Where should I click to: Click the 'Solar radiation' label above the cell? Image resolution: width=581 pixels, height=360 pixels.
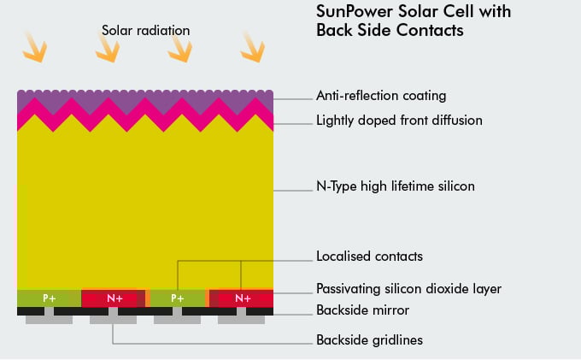click(x=145, y=31)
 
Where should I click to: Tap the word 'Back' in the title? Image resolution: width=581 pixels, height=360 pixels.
click(x=336, y=30)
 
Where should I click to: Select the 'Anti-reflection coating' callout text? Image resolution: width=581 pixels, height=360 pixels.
click(x=381, y=96)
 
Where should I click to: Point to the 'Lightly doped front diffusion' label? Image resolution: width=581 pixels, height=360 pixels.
click(x=399, y=120)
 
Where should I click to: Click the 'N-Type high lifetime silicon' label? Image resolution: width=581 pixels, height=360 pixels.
click(x=395, y=186)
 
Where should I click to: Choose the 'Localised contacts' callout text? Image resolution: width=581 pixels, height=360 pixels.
click(x=369, y=256)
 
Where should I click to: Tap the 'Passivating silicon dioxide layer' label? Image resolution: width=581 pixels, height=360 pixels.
click(x=408, y=288)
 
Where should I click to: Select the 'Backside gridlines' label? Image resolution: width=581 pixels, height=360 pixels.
click(x=369, y=339)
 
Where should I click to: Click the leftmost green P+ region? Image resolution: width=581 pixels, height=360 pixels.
click(x=49, y=298)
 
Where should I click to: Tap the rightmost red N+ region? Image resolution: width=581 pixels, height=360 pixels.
click(x=243, y=298)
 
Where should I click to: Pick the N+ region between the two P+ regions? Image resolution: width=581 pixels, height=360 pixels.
click(x=114, y=298)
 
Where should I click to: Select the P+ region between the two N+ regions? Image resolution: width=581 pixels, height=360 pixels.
click(x=178, y=298)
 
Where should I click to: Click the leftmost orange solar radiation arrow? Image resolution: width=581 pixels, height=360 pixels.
click(x=32, y=47)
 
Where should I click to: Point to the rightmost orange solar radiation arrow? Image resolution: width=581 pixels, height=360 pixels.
click(x=251, y=46)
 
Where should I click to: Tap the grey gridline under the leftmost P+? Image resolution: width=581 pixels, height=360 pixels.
click(x=49, y=319)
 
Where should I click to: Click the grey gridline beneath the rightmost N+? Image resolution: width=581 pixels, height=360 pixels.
click(x=242, y=319)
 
